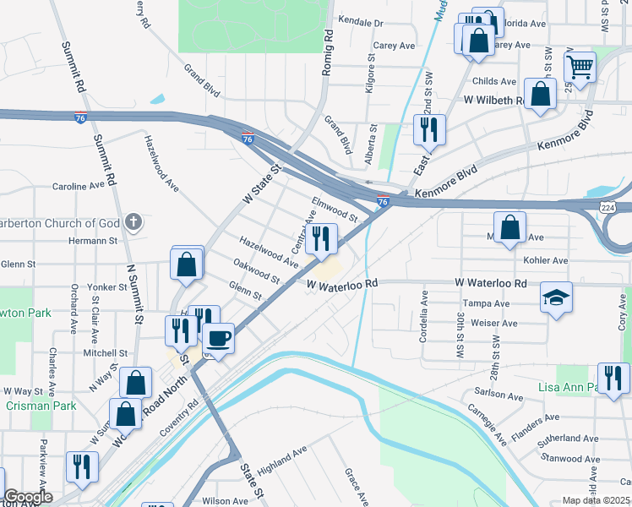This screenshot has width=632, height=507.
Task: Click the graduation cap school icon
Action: pyautogui.click(x=555, y=298)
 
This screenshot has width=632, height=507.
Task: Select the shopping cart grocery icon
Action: pyautogui.click(x=580, y=66)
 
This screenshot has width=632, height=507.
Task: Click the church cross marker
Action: pyautogui.click(x=132, y=222)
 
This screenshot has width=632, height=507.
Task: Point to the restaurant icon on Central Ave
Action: pyautogui.click(x=320, y=239)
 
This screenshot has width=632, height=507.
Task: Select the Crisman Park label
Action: pyautogui.click(x=29, y=405)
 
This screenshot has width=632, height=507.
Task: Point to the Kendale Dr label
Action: pyautogui.click(x=360, y=22)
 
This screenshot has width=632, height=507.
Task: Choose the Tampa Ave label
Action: pyautogui.click(x=485, y=303)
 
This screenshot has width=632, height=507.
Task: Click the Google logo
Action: pyautogui.click(x=27, y=497)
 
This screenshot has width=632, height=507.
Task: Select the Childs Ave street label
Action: pyautogui.click(x=494, y=82)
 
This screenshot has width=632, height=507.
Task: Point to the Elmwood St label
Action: pyautogui.click(x=335, y=208)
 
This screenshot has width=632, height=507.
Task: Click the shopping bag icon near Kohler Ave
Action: pyautogui.click(x=509, y=227)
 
